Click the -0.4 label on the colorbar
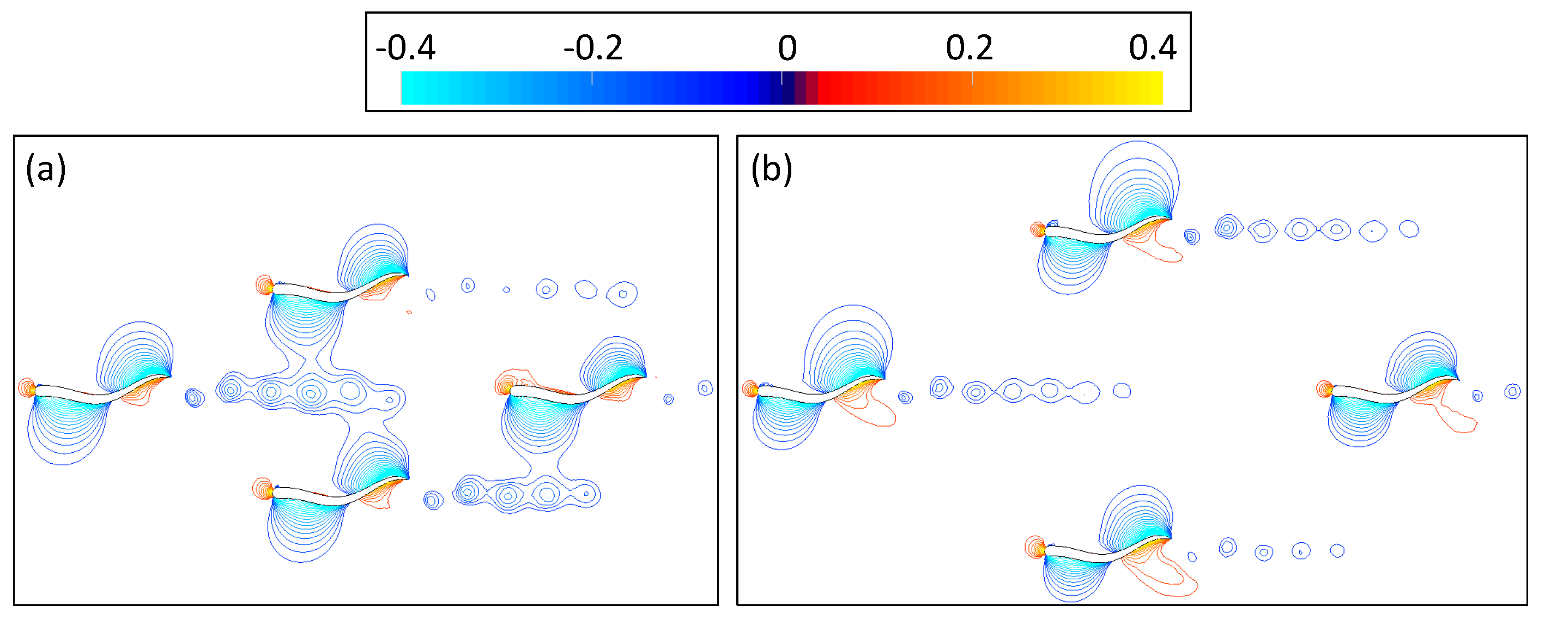(x=405, y=47)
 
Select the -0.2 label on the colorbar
(x=593, y=47)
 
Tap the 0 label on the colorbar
(x=787, y=47)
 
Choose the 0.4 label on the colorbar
(x=1152, y=47)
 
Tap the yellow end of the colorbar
(x=1155, y=88)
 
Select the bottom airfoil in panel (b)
(x=1104, y=552)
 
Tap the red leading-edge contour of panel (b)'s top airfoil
(x=1037, y=229)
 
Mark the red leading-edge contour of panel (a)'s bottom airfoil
(x=262, y=489)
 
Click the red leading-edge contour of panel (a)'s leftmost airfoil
(x=26, y=388)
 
